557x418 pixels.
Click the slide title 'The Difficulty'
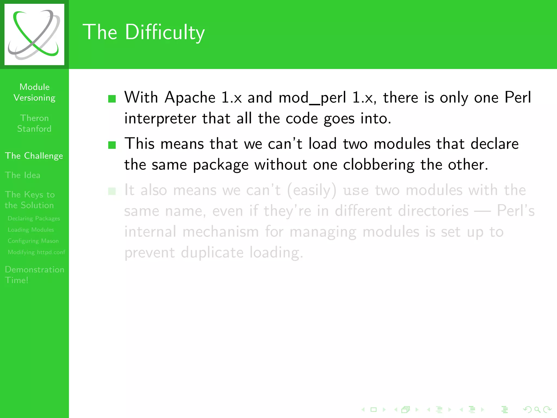143,32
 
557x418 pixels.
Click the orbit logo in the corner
34,34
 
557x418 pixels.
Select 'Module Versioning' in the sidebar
35,92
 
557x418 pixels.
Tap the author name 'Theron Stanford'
34,123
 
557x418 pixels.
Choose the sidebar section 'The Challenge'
34,156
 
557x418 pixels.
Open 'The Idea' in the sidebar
23,175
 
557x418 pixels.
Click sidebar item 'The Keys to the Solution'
30,200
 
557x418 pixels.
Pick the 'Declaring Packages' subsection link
34,219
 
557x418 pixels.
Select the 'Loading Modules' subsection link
31,230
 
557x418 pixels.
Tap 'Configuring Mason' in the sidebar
33,241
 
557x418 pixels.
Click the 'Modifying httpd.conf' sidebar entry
36,252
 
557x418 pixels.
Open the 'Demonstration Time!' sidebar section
34,275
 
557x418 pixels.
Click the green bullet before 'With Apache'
112,99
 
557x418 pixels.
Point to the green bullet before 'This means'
112,145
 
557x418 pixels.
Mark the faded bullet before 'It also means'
112,191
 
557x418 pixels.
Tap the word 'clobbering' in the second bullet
379,165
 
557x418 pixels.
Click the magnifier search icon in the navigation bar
537,409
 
